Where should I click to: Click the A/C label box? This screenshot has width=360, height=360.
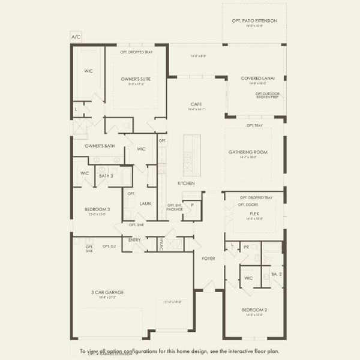tap(76, 37)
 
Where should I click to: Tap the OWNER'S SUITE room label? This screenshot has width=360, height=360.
tap(136, 79)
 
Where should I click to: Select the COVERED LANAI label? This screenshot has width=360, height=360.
tap(258, 78)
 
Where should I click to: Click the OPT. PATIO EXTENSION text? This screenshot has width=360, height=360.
tap(254, 21)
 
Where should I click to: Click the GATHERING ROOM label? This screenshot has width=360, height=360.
tap(247, 152)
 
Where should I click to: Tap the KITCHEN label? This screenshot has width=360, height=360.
tap(185, 183)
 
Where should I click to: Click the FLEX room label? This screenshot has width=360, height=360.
tap(254, 213)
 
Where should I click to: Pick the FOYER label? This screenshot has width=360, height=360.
tap(208, 259)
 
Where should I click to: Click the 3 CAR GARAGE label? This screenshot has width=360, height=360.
tap(103, 292)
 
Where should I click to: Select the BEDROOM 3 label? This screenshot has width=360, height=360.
tap(96, 209)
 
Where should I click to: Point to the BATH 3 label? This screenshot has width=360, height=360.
tap(106, 175)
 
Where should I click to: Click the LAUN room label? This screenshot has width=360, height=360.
tap(145, 203)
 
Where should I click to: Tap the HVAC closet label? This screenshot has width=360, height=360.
tap(161, 244)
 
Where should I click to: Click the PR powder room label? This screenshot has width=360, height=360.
tap(247, 246)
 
